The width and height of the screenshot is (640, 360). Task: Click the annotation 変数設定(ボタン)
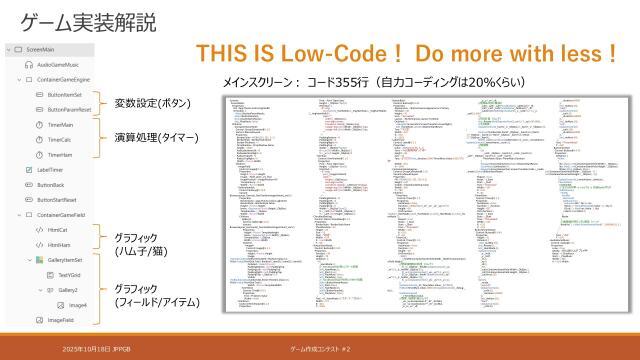point(152,103)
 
